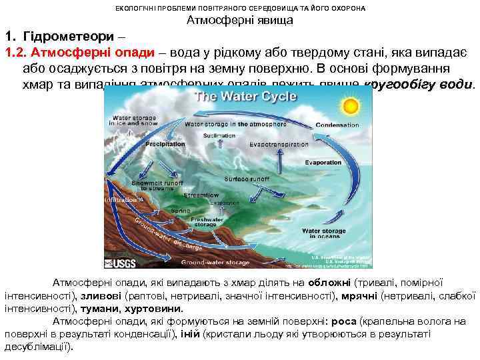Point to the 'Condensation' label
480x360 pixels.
click(x=337, y=125)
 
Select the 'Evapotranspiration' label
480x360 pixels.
click(x=279, y=144)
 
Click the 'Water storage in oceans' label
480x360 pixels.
click(x=324, y=233)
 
